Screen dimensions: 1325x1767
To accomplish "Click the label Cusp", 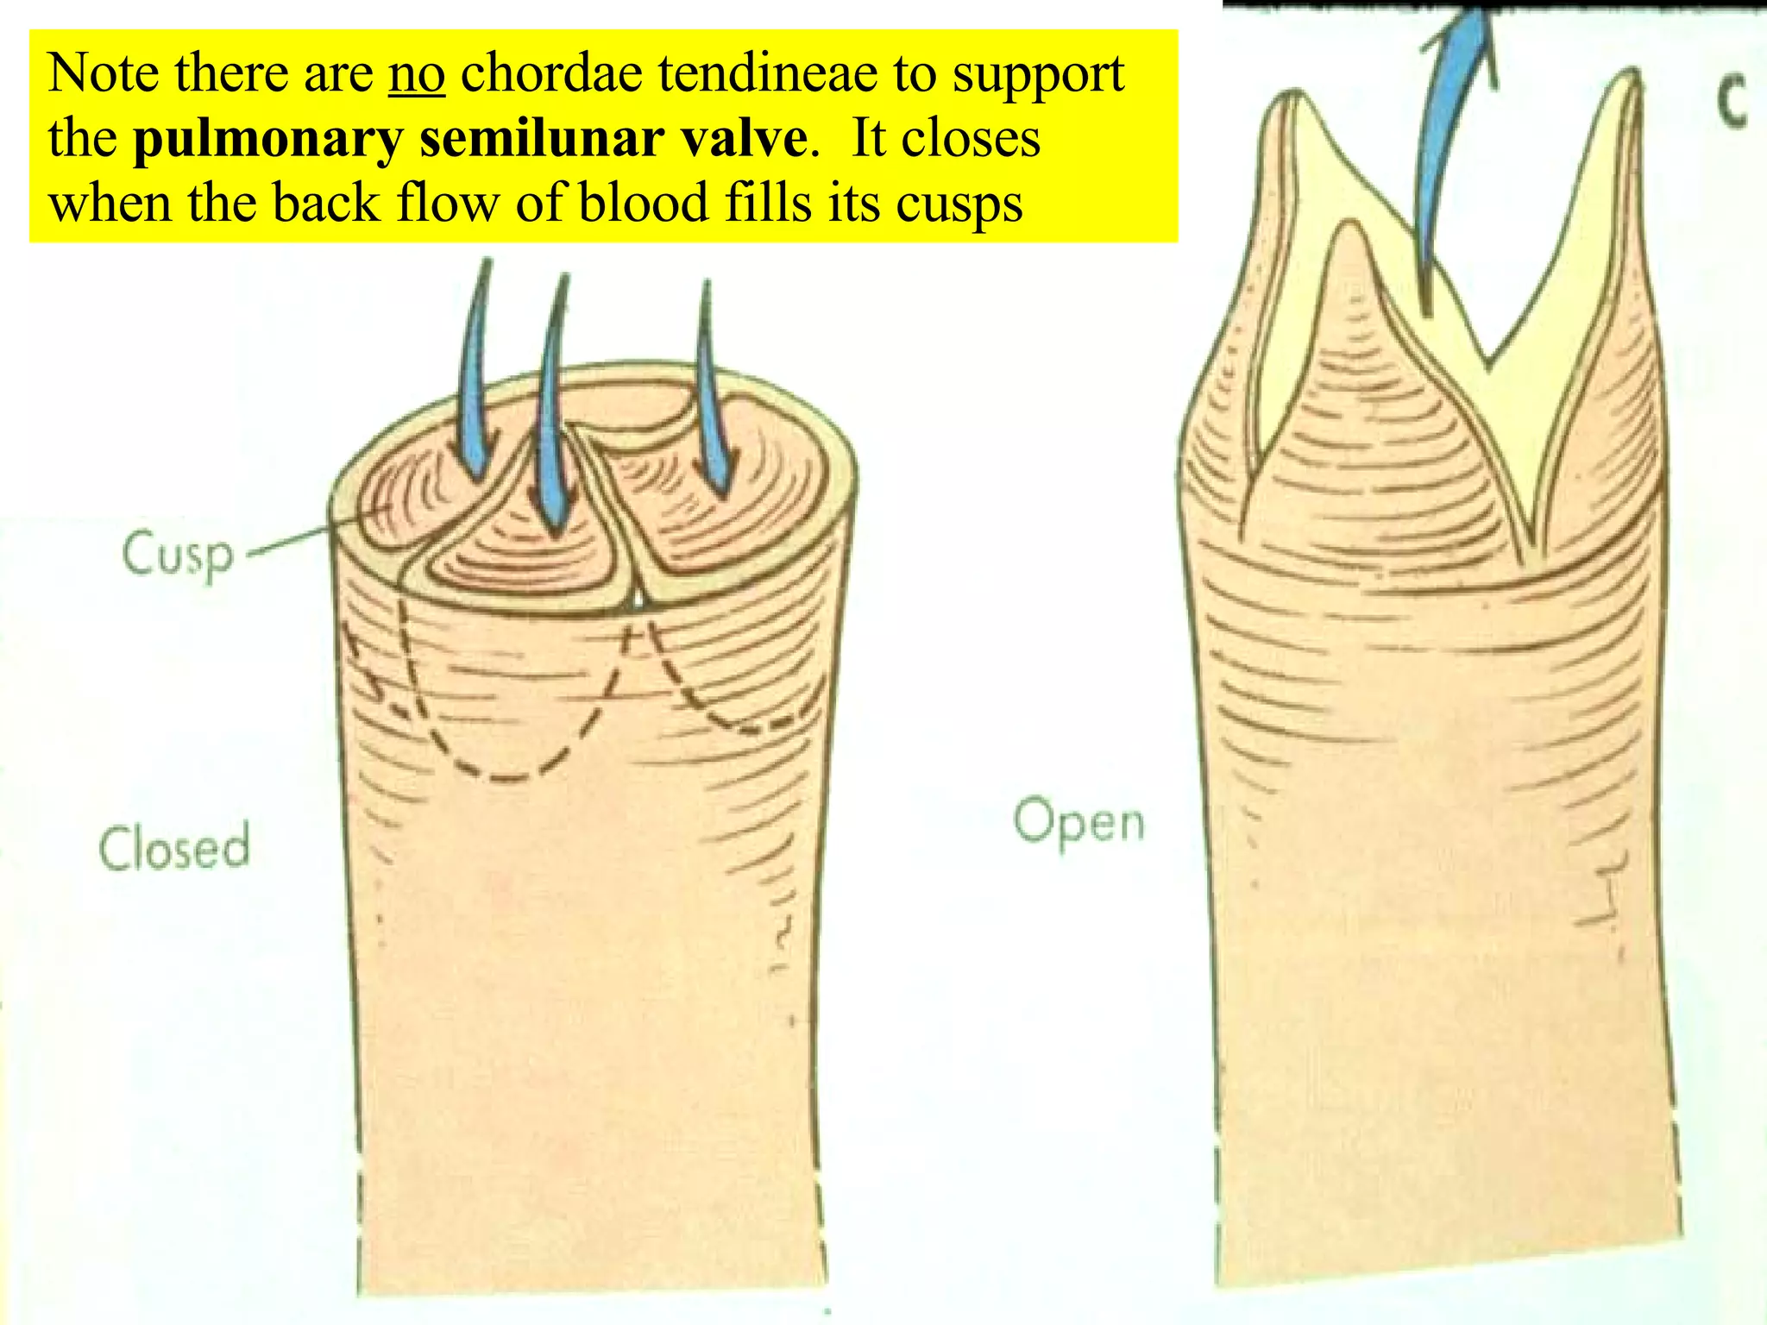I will [x=178, y=555].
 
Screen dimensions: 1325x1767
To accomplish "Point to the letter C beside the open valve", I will [x=1731, y=101].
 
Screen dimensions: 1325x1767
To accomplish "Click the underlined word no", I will [x=417, y=73].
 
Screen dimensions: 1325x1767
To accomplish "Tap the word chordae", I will [x=551, y=73].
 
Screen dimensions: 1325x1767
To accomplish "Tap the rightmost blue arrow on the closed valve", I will [x=714, y=397].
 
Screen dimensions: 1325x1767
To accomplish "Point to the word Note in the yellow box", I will [x=103, y=73].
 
